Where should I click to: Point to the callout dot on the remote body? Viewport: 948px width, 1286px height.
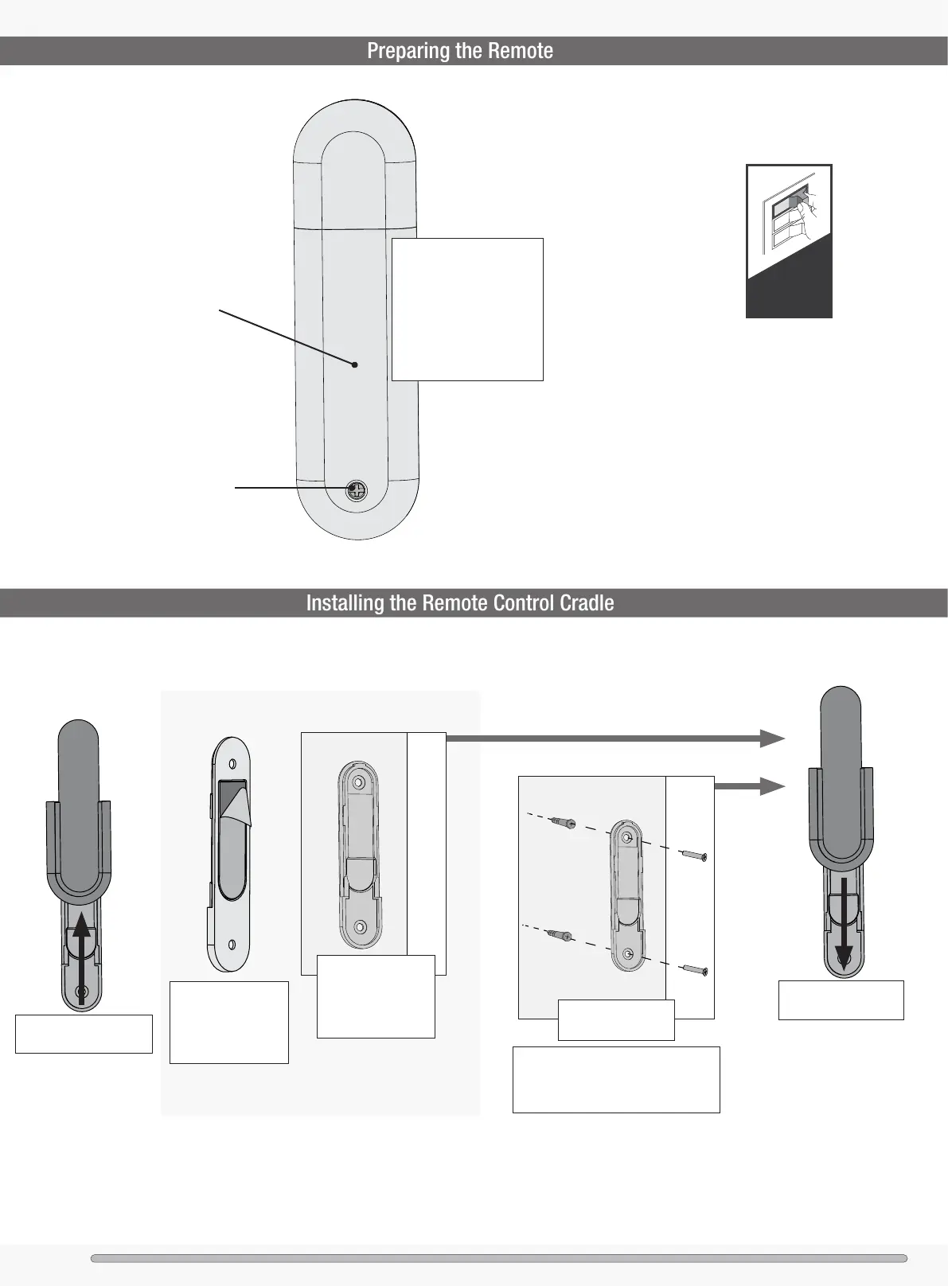pos(355,364)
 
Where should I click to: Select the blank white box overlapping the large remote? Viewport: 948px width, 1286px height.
pos(467,309)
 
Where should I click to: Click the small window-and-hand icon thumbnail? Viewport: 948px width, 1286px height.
pos(789,240)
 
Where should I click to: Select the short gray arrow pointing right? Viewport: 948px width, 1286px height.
pos(749,786)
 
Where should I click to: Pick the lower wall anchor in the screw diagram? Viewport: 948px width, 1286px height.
pos(561,937)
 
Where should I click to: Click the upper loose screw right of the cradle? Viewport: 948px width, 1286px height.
pos(695,855)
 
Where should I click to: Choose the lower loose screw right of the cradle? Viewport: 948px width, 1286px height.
pos(695,969)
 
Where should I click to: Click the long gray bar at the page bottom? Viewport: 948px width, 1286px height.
pos(498,1258)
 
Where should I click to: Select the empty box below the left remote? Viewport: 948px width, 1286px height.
pos(84,1034)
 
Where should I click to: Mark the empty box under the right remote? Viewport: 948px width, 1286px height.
pos(841,1000)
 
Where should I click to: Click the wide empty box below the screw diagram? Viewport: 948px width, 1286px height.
pos(616,1079)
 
